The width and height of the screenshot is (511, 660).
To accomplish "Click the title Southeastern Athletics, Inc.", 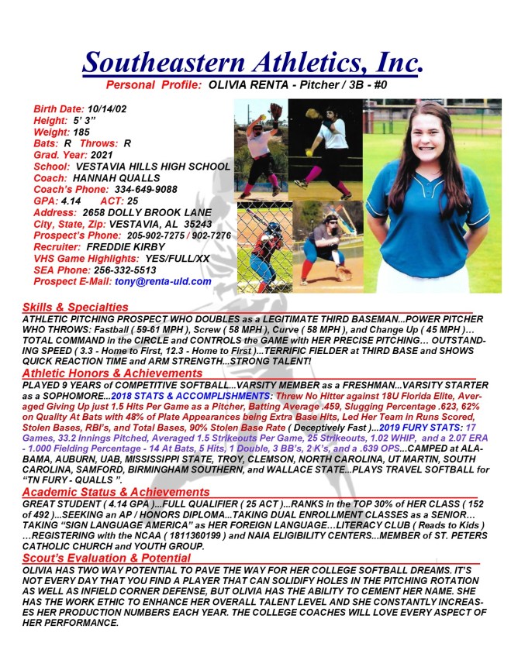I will click(x=252, y=61).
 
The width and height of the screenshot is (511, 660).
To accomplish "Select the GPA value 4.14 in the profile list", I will click(x=71, y=201).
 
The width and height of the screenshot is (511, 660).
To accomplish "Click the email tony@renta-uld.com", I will click(x=163, y=281).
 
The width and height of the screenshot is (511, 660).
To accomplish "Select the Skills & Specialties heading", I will click(x=75, y=308).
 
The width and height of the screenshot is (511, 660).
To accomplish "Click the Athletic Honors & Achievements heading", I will click(x=112, y=373).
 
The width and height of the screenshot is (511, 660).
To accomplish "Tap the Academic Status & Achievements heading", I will click(x=116, y=492).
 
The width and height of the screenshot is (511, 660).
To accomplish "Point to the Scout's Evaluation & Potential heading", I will click(x=106, y=558).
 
